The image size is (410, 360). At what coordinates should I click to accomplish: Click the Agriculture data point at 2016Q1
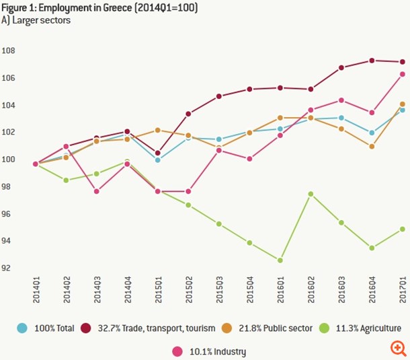[279, 260]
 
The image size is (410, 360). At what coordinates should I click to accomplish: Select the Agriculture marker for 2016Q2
[311, 194]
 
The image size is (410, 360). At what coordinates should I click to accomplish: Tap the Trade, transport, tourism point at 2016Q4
[372, 61]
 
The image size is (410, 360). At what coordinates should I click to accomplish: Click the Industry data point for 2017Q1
[402, 74]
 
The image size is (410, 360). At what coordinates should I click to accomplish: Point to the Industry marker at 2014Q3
[96, 191]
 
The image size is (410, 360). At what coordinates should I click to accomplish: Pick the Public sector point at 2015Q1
[157, 130]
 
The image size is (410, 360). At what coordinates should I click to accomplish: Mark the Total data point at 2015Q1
[157, 160]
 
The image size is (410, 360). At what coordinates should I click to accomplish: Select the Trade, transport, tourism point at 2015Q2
[188, 114]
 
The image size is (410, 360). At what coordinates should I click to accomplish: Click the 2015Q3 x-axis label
[219, 290]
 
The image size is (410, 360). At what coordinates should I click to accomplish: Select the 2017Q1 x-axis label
[402, 290]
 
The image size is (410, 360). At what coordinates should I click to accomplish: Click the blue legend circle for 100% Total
[22, 328]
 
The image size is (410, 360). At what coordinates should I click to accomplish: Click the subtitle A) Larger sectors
[36, 20]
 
